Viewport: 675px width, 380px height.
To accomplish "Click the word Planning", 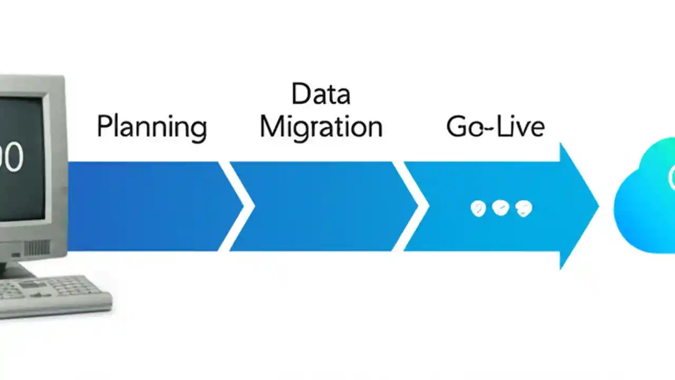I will [151, 128].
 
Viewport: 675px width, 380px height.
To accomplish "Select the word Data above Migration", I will [321, 94].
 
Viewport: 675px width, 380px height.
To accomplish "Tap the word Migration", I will [321, 128].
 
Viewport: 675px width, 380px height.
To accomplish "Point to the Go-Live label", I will [495, 127].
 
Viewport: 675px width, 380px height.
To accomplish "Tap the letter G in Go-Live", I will [456, 127].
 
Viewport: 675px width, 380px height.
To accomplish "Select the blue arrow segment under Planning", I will [148, 206].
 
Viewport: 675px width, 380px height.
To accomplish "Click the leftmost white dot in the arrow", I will [478, 208].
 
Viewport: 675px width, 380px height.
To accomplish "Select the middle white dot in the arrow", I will [500, 208].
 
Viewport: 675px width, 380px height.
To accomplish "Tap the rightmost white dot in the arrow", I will [523, 208].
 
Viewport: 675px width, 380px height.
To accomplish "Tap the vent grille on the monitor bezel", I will [37, 248].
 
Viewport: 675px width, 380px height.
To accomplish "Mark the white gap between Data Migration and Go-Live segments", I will [410, 206].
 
